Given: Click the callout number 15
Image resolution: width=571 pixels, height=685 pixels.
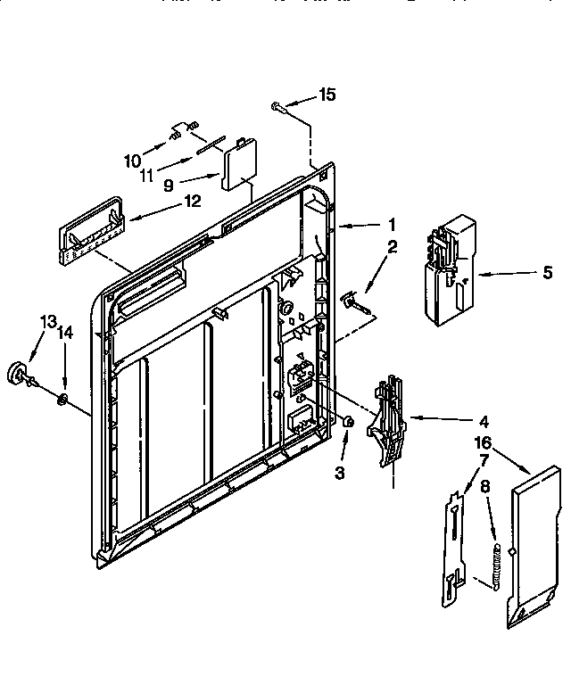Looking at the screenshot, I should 328,95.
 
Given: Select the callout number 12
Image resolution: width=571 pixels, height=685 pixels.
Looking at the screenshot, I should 193,202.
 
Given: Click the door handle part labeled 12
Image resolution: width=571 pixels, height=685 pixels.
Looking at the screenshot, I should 88,228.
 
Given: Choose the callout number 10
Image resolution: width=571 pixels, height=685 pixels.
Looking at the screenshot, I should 133,161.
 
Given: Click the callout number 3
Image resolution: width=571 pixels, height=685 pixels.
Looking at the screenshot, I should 340,474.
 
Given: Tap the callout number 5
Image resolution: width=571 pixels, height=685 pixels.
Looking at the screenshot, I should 546,274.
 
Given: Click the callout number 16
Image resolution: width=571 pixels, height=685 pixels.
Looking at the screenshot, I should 482,442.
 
